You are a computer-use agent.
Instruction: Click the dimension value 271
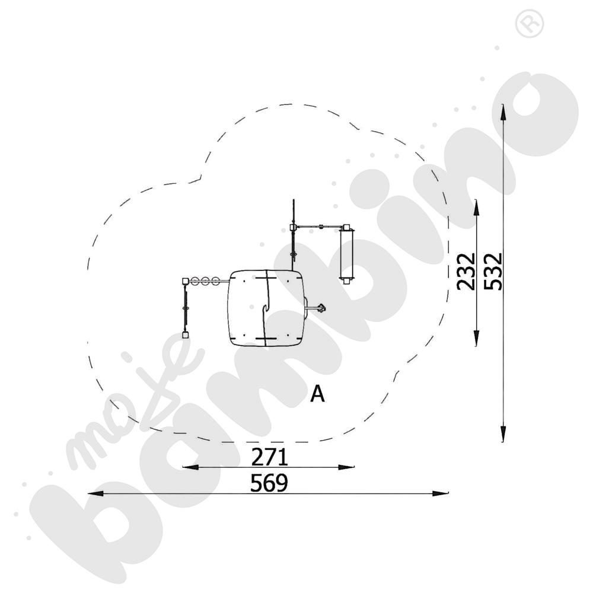pos(270,457)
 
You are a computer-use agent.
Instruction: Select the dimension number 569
pos(269,483)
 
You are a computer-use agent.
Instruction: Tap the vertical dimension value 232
pos(466,272)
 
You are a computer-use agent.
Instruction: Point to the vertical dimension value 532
pos(493,272)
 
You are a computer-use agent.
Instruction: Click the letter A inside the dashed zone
pos(317,394)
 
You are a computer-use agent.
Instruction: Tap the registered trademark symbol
pos(530,24)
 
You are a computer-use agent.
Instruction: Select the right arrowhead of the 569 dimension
pos(440,493)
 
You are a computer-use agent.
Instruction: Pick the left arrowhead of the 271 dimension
pos(190,467)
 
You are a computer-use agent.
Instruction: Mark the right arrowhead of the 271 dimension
pos(346,467)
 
